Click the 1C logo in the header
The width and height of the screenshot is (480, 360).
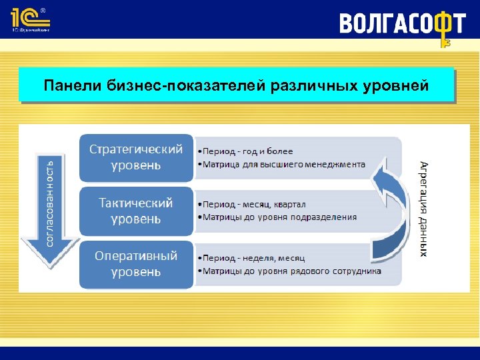coord(30,19)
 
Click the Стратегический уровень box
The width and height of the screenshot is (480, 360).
coord(136,157)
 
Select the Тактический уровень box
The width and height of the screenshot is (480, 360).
coord(136,210)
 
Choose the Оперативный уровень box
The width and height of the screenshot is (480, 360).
coord(136,263)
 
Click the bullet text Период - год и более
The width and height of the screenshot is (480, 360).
coord(248,151)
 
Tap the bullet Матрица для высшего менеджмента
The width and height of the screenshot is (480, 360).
coord(284,164)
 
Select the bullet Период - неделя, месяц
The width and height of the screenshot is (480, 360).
coord(254,257)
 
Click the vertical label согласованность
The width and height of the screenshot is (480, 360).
coord(49,201)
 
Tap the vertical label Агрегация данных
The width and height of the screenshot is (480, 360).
coord(424,208)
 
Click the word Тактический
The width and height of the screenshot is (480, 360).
coord(136,202)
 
